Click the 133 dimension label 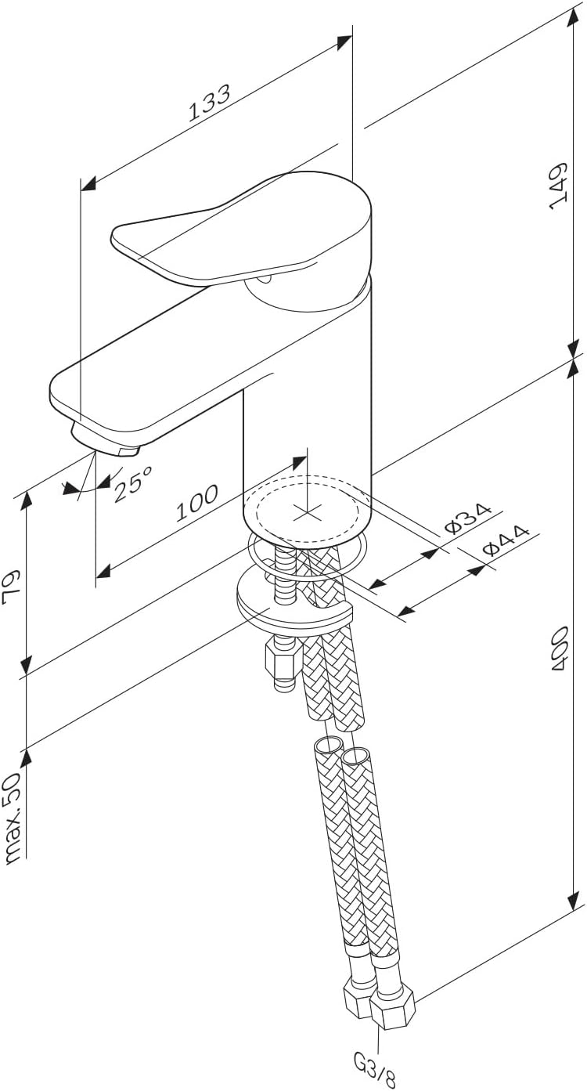[209, 103]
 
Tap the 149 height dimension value [558, 186]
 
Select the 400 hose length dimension [560, 648]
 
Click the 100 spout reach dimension [196, 502]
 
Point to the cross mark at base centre [307, 511]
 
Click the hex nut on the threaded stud [281, 659]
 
